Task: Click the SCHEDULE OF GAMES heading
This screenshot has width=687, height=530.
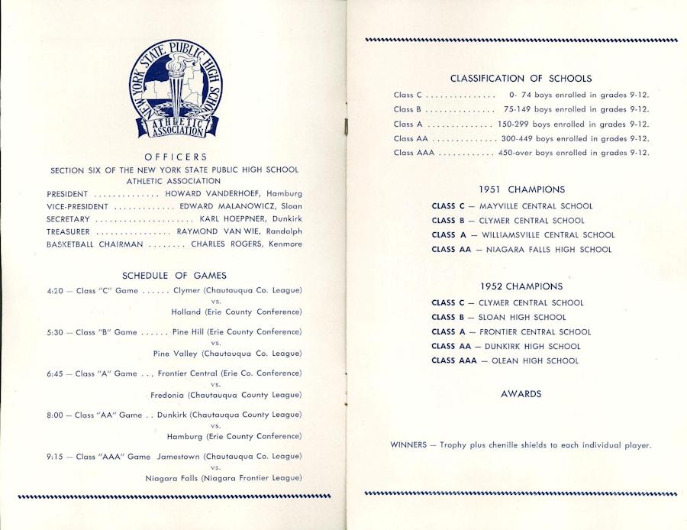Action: click(x=174, y=276)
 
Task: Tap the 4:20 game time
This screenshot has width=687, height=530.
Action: click(x=54, y=291)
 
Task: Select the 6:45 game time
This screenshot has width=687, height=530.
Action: click(x=54, y=374)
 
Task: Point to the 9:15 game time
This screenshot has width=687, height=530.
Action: click(x=54, y=457)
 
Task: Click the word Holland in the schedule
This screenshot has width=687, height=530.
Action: click(x=186, y=312)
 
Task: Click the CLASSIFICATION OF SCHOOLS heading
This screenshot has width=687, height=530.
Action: click(x=521, y=79)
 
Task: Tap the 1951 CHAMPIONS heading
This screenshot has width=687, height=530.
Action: click(x=521, y=189)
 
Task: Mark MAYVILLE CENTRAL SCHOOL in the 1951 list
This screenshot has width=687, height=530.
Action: click(x=536, y=206)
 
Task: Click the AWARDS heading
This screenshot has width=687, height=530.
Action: click(x=521, y=394)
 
